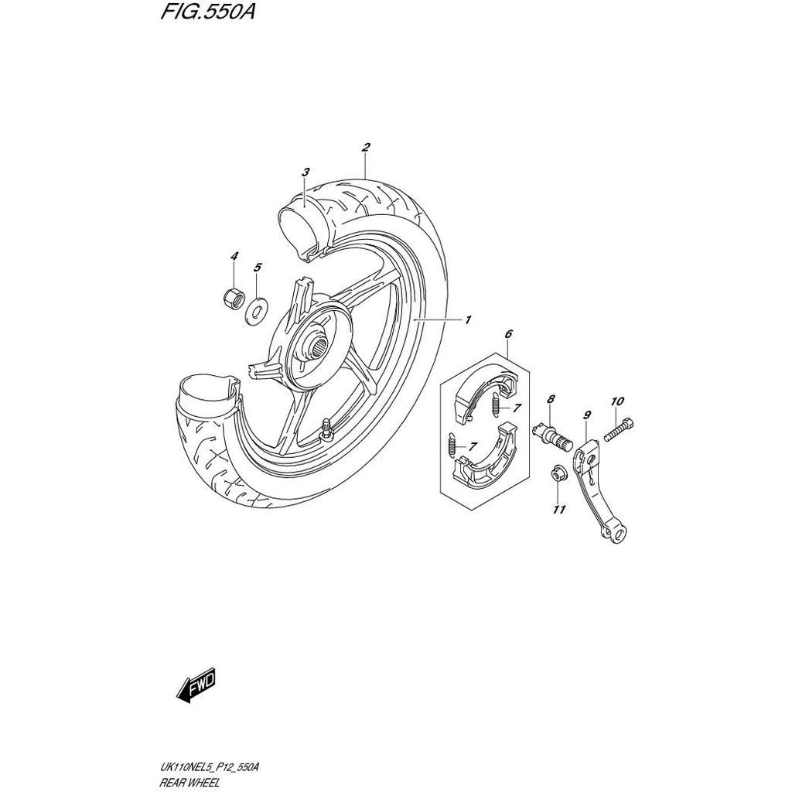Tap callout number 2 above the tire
(x=365, y=147)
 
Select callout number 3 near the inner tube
(x=306, y=172)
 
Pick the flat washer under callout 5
(x=257, y=312)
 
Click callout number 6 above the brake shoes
(x=508, y=334)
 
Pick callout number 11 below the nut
(x=559, y=509)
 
